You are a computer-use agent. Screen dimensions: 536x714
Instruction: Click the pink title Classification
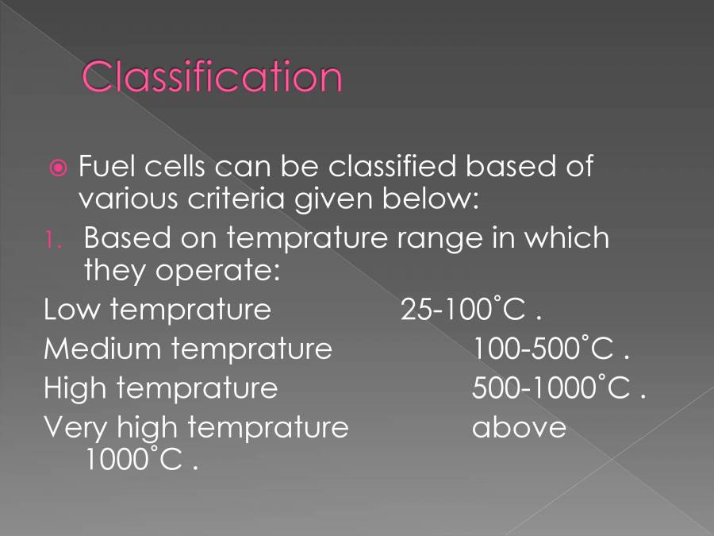(x=212, y=77)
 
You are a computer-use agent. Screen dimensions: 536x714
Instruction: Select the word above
(x=519, y=427)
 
